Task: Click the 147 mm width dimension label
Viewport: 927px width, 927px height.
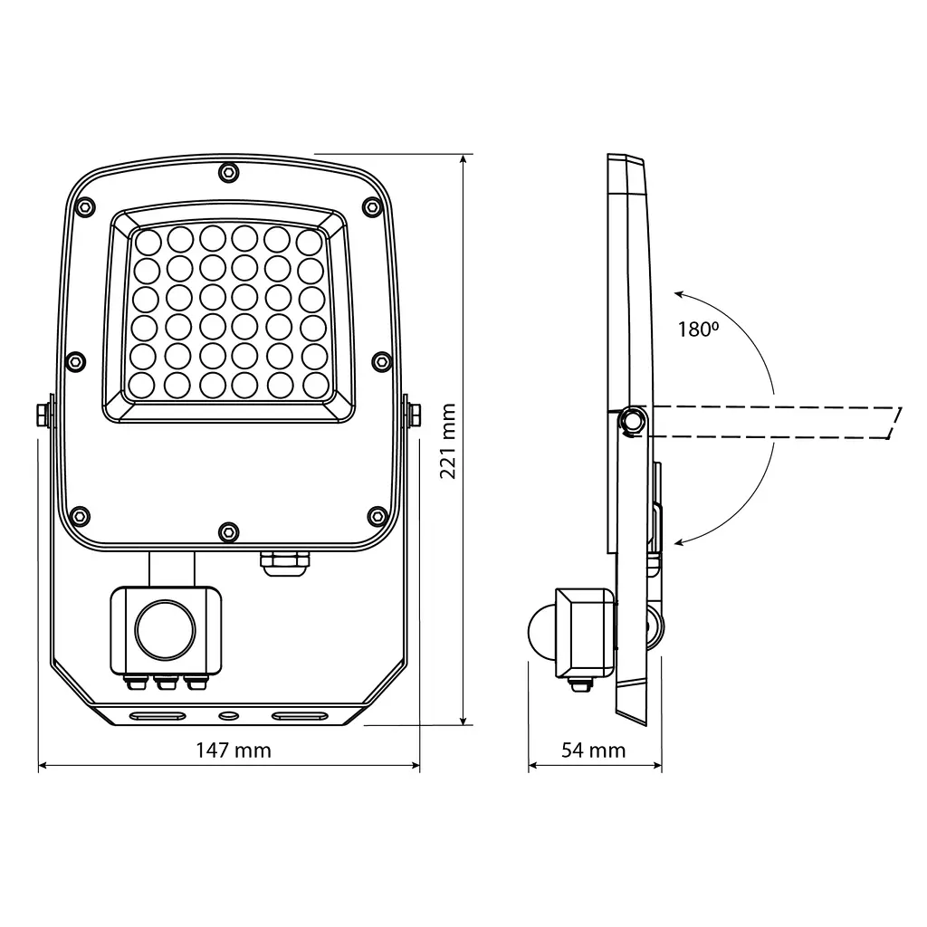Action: point(234,750)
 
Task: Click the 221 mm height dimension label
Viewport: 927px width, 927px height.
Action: point(448,441)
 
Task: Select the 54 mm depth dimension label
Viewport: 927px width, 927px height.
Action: point(594,750)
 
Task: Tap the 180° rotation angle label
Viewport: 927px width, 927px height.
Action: point(698,330)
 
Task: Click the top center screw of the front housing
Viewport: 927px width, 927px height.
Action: point(228,173)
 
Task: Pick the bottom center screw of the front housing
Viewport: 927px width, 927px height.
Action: point(228,532)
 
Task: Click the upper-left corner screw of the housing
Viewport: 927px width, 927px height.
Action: point(86,207)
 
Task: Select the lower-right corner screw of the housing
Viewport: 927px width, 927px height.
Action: point(377,515)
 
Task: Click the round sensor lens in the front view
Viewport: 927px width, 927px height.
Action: point(166,630)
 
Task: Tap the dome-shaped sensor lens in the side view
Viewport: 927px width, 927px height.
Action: point(541,631)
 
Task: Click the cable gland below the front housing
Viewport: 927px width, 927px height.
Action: point(285,563)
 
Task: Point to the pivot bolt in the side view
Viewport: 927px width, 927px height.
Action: point(633,420)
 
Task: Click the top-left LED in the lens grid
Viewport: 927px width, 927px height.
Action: point(148,243)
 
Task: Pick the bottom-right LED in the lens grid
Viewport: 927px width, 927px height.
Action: point(316,386)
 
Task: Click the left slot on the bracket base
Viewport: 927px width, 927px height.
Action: point(158,716)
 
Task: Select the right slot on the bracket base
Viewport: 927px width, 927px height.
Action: point(300,716)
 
